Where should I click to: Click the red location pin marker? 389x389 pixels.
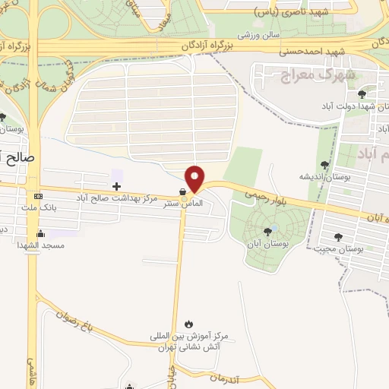pos(196,179)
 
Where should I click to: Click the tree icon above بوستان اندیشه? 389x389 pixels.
pos(325,164)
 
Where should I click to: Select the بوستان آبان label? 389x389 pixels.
pos(266,244)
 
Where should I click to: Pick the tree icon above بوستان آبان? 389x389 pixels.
pos(267,232)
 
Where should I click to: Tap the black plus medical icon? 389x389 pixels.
pos(116,186)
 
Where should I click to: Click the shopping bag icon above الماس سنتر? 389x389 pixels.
pos(182,192)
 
